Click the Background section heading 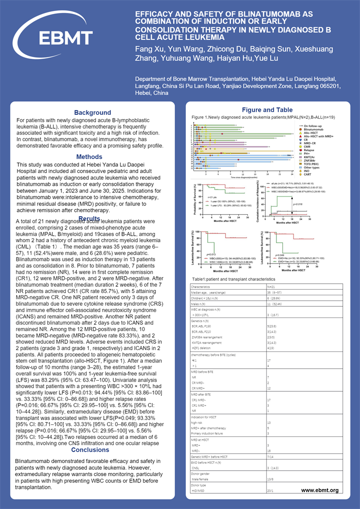tap(92, 113)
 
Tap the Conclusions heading tap(90, 450)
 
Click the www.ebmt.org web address tap(320, 490)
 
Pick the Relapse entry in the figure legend tap(309, 150)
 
